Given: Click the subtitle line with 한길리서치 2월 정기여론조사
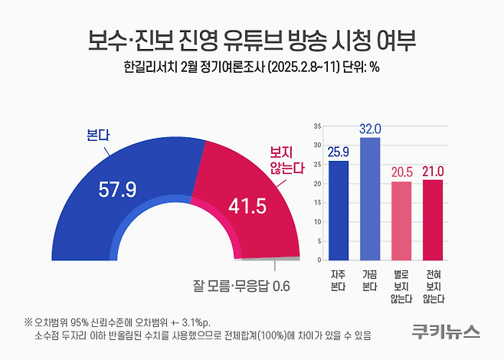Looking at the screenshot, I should pos(251,67).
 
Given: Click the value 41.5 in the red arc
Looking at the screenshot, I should pos(249,205).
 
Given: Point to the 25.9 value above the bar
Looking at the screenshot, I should pos(338,152).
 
